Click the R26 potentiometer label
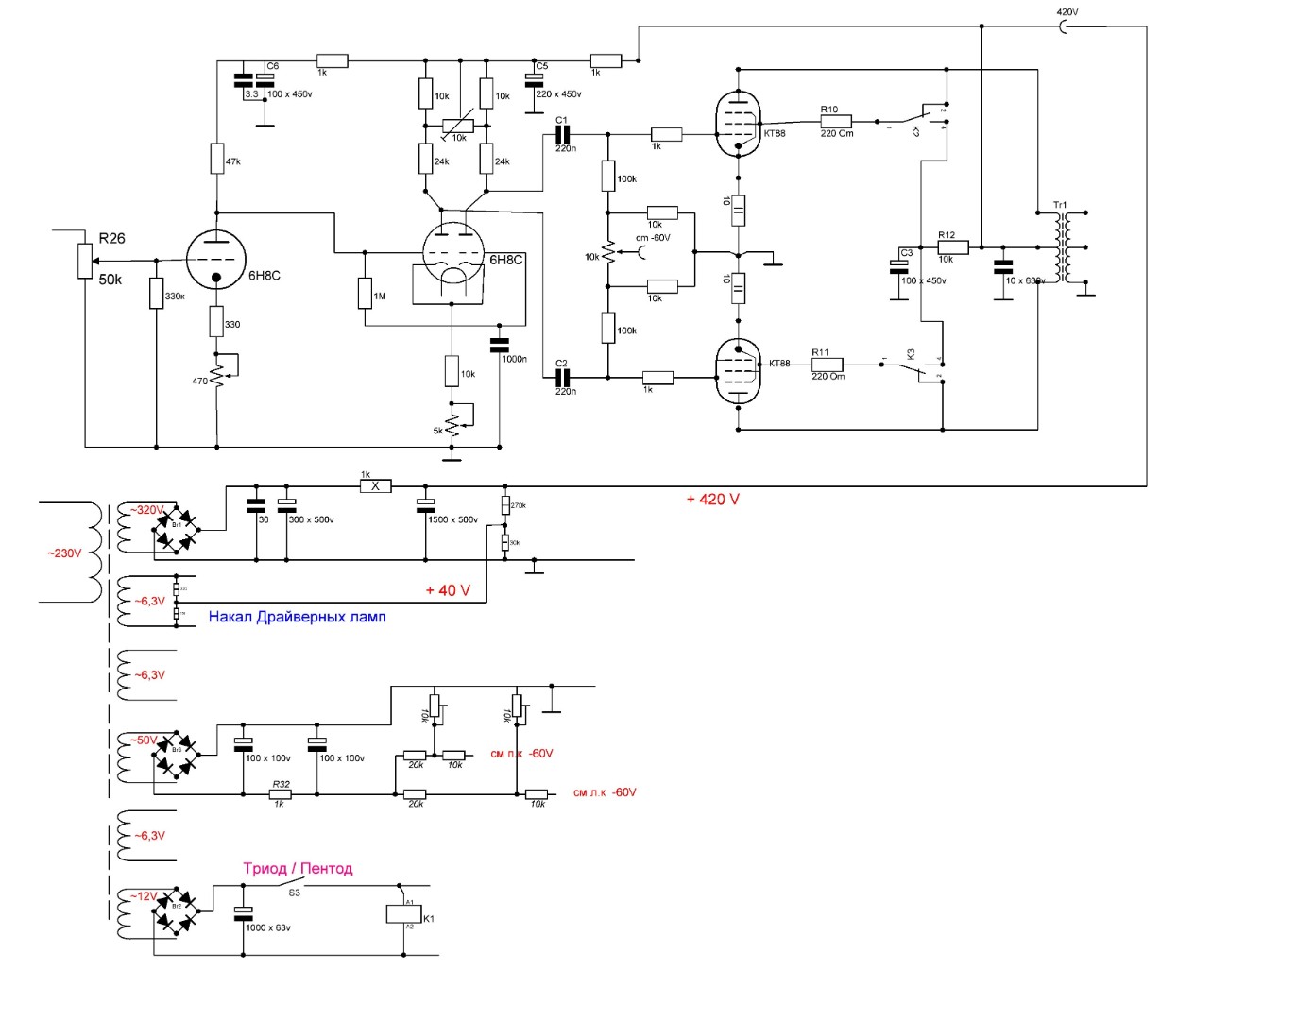[111, 238]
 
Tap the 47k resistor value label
[232, 162]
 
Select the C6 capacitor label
[272, 66]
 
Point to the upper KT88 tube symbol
[739, 123]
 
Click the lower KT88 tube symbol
[738, 371]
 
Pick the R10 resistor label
[828, 110]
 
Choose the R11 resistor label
[820, 352]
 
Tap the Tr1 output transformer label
[1060, 205]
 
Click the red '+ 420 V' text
[712, 500]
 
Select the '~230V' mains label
[64, 553]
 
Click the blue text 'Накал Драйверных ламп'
[297, 617]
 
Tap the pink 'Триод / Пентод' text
[298, 869]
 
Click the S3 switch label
[294, 892]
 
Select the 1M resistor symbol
[365, 294]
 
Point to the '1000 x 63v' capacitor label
[268, 928]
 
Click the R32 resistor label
[281, 785]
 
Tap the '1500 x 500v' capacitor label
[452, 520]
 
